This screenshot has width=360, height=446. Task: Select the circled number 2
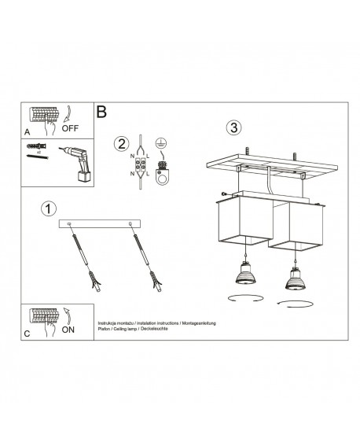pos(120,143)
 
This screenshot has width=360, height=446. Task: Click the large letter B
pos(101,112)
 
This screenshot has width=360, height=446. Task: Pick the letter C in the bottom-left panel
pos(27,334)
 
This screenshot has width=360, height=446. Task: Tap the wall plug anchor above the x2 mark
pos(36,146)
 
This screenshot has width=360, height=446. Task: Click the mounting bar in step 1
pos(100,224)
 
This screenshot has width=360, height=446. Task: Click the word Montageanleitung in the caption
pos(196,323)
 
